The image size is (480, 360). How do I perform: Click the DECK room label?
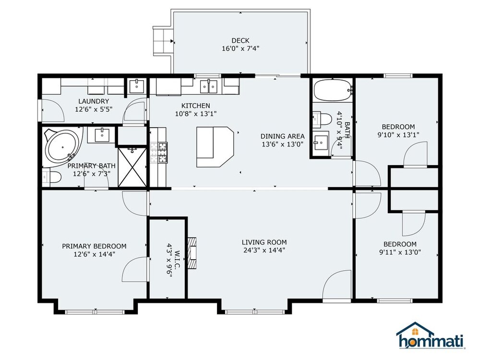[240, 40]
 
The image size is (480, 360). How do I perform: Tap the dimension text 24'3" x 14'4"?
[264, 250]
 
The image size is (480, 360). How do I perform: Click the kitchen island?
[215, 147]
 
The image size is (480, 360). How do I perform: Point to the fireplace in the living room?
[192, 253]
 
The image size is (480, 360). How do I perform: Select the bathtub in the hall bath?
[333, 90]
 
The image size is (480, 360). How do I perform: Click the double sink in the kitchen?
[208, 86]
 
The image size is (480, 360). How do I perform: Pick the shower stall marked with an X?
[132, 167]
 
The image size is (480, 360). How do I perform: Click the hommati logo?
[431, 336]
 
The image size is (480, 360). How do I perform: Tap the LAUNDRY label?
[94, 101]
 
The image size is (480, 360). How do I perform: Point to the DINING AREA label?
[283, 136]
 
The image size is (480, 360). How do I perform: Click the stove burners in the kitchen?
[158, 153]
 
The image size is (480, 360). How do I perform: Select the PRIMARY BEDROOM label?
[94, 246]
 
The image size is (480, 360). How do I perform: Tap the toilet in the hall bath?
[322, 119]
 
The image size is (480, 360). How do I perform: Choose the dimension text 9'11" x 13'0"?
[400, 252]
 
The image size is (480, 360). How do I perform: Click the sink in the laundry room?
[136, 86]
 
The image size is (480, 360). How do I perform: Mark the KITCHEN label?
[196, 106]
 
